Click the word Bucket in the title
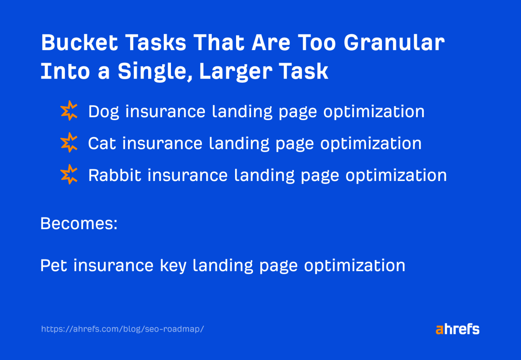click(x=80, y=42)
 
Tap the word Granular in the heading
click(x=394, y=42)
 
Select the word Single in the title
click(x=155, y=72)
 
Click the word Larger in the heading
click(x=236, y=72)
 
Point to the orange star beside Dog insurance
click(x=69, y=111)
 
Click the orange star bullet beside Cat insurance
click(x=69, y=142)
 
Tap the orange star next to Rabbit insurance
click(x=69, y=174)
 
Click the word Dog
click(x=103, y=112)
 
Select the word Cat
click(x=102, y=143)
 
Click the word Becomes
click(x=79, y=223)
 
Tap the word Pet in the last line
click(x=54, y=265)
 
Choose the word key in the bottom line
click(x=173, y=266)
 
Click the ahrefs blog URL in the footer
click(x=122, y=329)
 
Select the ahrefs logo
click(x=458, y=329)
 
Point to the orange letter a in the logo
click(x=440, y=330)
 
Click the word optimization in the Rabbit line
click(x=396, y=176)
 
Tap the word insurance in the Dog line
click(x=166, y=112)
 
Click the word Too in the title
click(x=317, y=42)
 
